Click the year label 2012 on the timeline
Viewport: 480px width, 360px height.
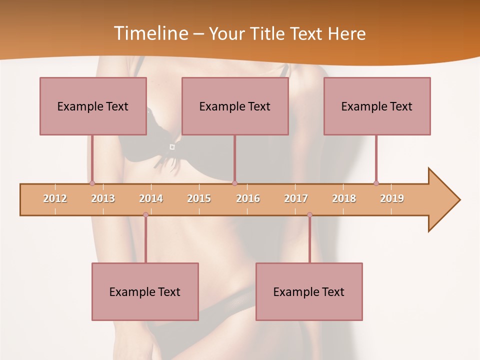point(55,198)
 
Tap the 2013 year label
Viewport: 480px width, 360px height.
point(103,198)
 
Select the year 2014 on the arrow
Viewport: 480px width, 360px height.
point(151,198)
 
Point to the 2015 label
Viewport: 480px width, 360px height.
point(199,198)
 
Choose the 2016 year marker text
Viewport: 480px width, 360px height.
point(248,198)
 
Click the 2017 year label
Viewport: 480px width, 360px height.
point(296,198)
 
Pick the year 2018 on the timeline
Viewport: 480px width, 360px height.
point(344,198)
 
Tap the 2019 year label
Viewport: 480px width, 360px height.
point(392,198)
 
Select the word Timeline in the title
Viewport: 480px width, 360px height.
point(150,33)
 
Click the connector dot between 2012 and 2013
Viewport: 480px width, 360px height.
point(92,183)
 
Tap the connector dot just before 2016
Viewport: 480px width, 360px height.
point(234,183)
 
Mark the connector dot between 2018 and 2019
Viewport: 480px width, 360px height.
point(376,183)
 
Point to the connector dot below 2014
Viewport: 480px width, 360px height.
point(145,214)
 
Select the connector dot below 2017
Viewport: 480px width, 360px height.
point(309,214)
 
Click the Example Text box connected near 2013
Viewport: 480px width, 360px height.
point(93,106)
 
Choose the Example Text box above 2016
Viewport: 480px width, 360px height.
point(235,106)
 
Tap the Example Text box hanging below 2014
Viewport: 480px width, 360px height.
point(145,291)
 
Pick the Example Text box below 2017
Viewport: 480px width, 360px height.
point(309,291)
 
